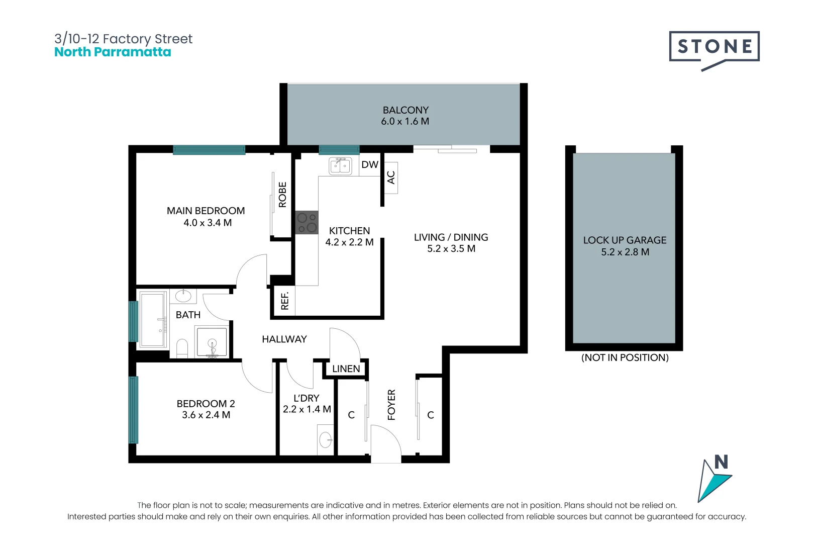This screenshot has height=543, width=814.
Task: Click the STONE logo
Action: [x=714, y=50]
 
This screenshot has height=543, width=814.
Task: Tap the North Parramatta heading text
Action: [x=113, y=52]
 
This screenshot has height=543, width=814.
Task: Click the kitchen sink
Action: [x=341, y=166]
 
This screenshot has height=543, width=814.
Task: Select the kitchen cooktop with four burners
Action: [x=307, y=222]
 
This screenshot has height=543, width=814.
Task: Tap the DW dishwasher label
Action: [x=370, y=164]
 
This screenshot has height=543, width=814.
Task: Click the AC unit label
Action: [x=391, y=177]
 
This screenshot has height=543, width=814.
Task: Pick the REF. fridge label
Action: [x=285, y=301]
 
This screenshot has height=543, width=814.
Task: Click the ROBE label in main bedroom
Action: [x=282, y=195]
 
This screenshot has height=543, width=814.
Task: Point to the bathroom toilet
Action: [x=182, y=348]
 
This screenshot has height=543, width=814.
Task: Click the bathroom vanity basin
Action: [x=183, y=296]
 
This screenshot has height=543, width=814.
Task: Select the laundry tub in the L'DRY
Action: [x=325, y=440]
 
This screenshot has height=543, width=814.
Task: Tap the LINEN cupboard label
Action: [x=346, y=369]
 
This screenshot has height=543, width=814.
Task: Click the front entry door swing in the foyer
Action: [x=385, y=443]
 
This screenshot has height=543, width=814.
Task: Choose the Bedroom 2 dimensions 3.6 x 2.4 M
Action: [x=206, y=415]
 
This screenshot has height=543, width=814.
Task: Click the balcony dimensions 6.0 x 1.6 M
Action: [x=405, y=121]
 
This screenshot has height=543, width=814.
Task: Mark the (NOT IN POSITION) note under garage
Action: [x=625, y=357]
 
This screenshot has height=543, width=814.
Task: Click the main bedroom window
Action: [x=209, y=149]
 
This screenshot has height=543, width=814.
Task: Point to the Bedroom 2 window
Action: [x=134, y=410]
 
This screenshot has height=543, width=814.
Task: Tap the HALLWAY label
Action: [x=284, y=339]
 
